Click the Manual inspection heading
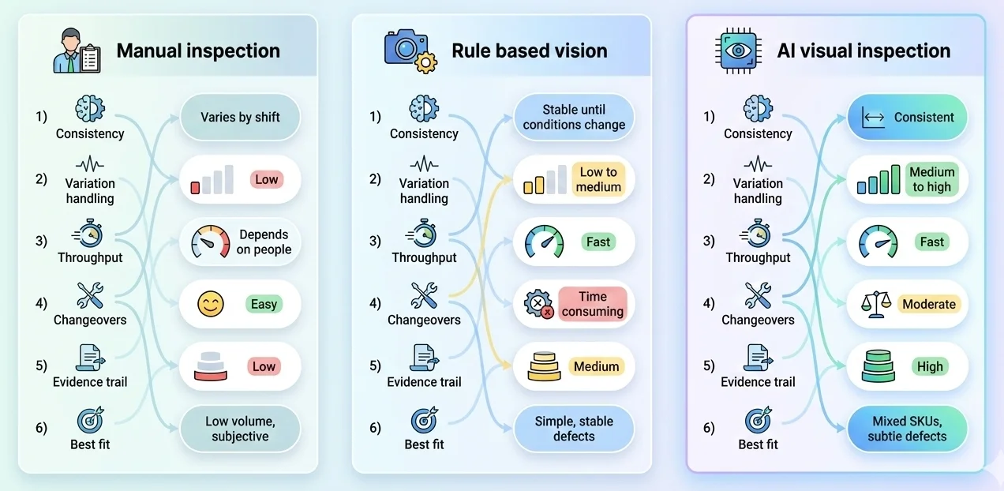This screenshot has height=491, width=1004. tap(198, 51)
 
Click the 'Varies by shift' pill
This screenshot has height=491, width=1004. tap(240, 118)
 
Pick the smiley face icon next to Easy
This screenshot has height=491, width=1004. tap(211, 305)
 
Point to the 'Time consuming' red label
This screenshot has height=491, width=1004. tap(592, 304)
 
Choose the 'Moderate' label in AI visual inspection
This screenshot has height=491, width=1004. tap(929, 305)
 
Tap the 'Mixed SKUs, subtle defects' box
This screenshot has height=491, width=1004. tap(907, 429)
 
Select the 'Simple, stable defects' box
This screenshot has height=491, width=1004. tap(574, 429)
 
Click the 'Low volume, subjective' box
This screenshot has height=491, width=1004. tap(240, 429)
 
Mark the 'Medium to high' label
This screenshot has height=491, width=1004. tap(931, 180)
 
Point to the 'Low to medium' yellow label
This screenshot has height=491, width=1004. tap(598, 180)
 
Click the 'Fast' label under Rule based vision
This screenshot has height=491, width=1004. tap(598, 242)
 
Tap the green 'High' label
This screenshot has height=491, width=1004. tap(930, 367)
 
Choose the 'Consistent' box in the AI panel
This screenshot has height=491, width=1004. tap(907, 118)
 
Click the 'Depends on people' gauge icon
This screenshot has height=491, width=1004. tap(210, 242)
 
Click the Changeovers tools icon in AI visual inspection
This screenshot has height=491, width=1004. tap(758, 297)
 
